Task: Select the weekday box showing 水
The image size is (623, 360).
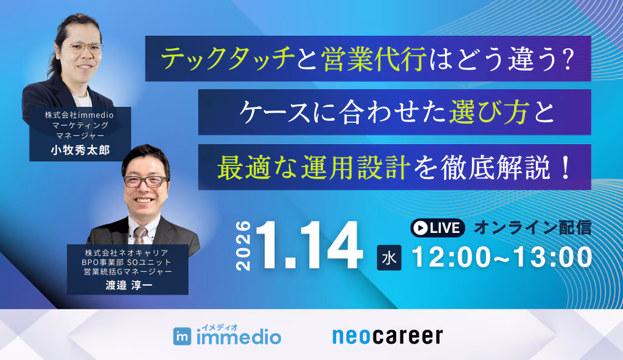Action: [389, 258]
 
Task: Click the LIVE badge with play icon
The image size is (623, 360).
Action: [437, 228]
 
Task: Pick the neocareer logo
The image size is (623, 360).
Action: [388, 336]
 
